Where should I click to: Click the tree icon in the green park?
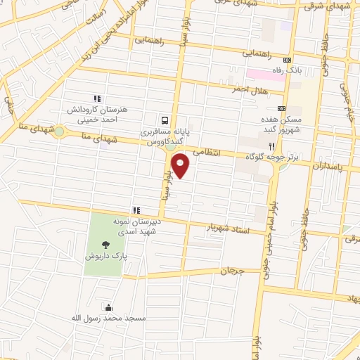pos(105,245)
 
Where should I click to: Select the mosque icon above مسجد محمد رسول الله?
pos(108,307)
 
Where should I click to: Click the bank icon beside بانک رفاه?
pos(287,60)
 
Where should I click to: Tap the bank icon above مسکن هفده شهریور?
pos(282,109)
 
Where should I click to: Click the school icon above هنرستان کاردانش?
pos(96,99)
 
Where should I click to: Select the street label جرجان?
pos(232,270)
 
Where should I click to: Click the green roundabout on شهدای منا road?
pos(59,131)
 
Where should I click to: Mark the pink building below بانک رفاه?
pos(266,74)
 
